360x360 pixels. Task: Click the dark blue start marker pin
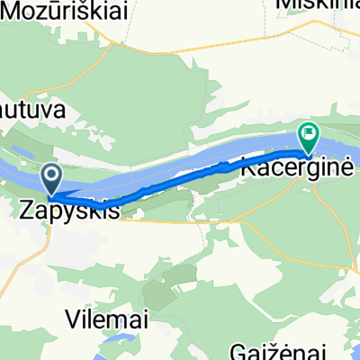coord(52,177)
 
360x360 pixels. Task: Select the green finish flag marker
coord(310,138)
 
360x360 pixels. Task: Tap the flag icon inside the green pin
coord(310,135)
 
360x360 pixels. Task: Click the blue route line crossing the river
coord(180,177)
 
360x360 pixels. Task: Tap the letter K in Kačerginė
coord(247,166)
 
